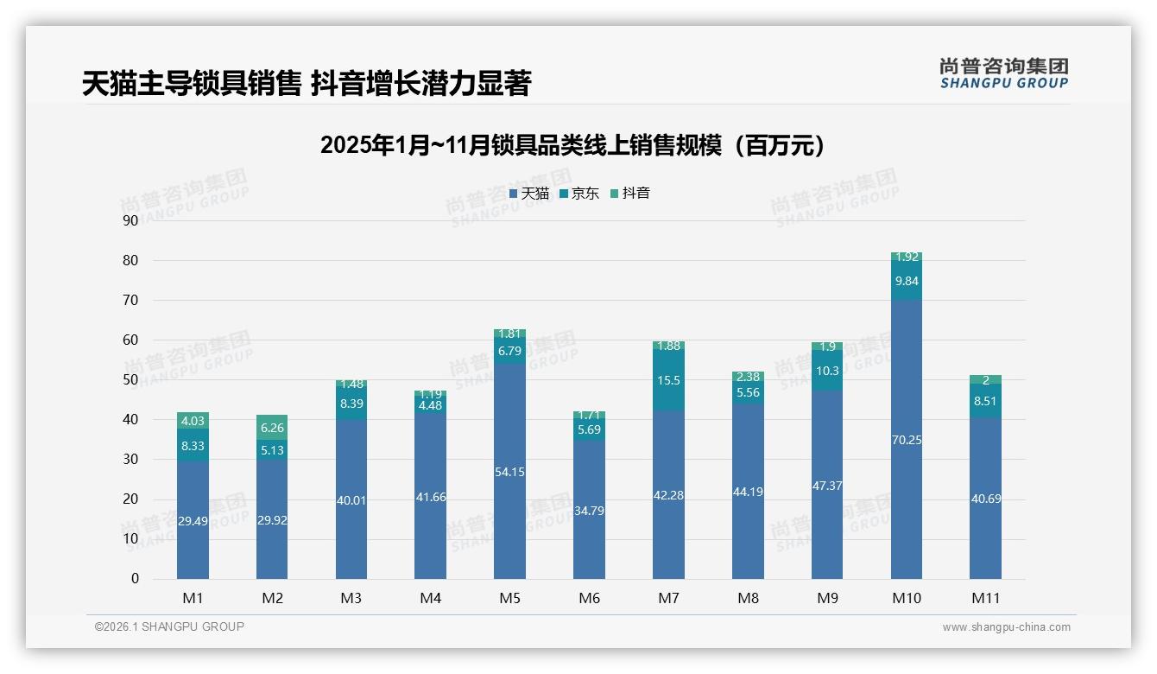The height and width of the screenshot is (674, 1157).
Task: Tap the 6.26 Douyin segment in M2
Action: coord(272,427)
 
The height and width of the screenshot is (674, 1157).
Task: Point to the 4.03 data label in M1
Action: coord(193,422)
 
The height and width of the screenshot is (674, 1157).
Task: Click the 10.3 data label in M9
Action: coord(827,371)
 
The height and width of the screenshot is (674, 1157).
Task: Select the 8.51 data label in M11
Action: coord(985,401)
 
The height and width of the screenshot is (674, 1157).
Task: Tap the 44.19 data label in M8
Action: coord(748,492)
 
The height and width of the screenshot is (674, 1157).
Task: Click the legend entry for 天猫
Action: coord(529,194)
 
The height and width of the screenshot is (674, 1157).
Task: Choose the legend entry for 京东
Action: coord(579,194)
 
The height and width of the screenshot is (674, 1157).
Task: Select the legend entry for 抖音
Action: coord(630,194)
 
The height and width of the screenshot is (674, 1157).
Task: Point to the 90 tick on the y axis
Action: coord(130,220)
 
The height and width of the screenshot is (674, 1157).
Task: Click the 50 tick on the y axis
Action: coord(130,379)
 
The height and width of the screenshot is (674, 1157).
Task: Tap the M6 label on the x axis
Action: coord(589,598)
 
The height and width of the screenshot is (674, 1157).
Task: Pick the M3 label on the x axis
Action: coord(351,598)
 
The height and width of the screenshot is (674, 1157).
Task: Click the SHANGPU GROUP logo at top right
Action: coord(1003,73)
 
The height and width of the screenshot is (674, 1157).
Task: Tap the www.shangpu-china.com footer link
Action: coord(1006,627)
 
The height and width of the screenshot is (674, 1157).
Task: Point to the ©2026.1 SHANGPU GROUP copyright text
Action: coord(169,626)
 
